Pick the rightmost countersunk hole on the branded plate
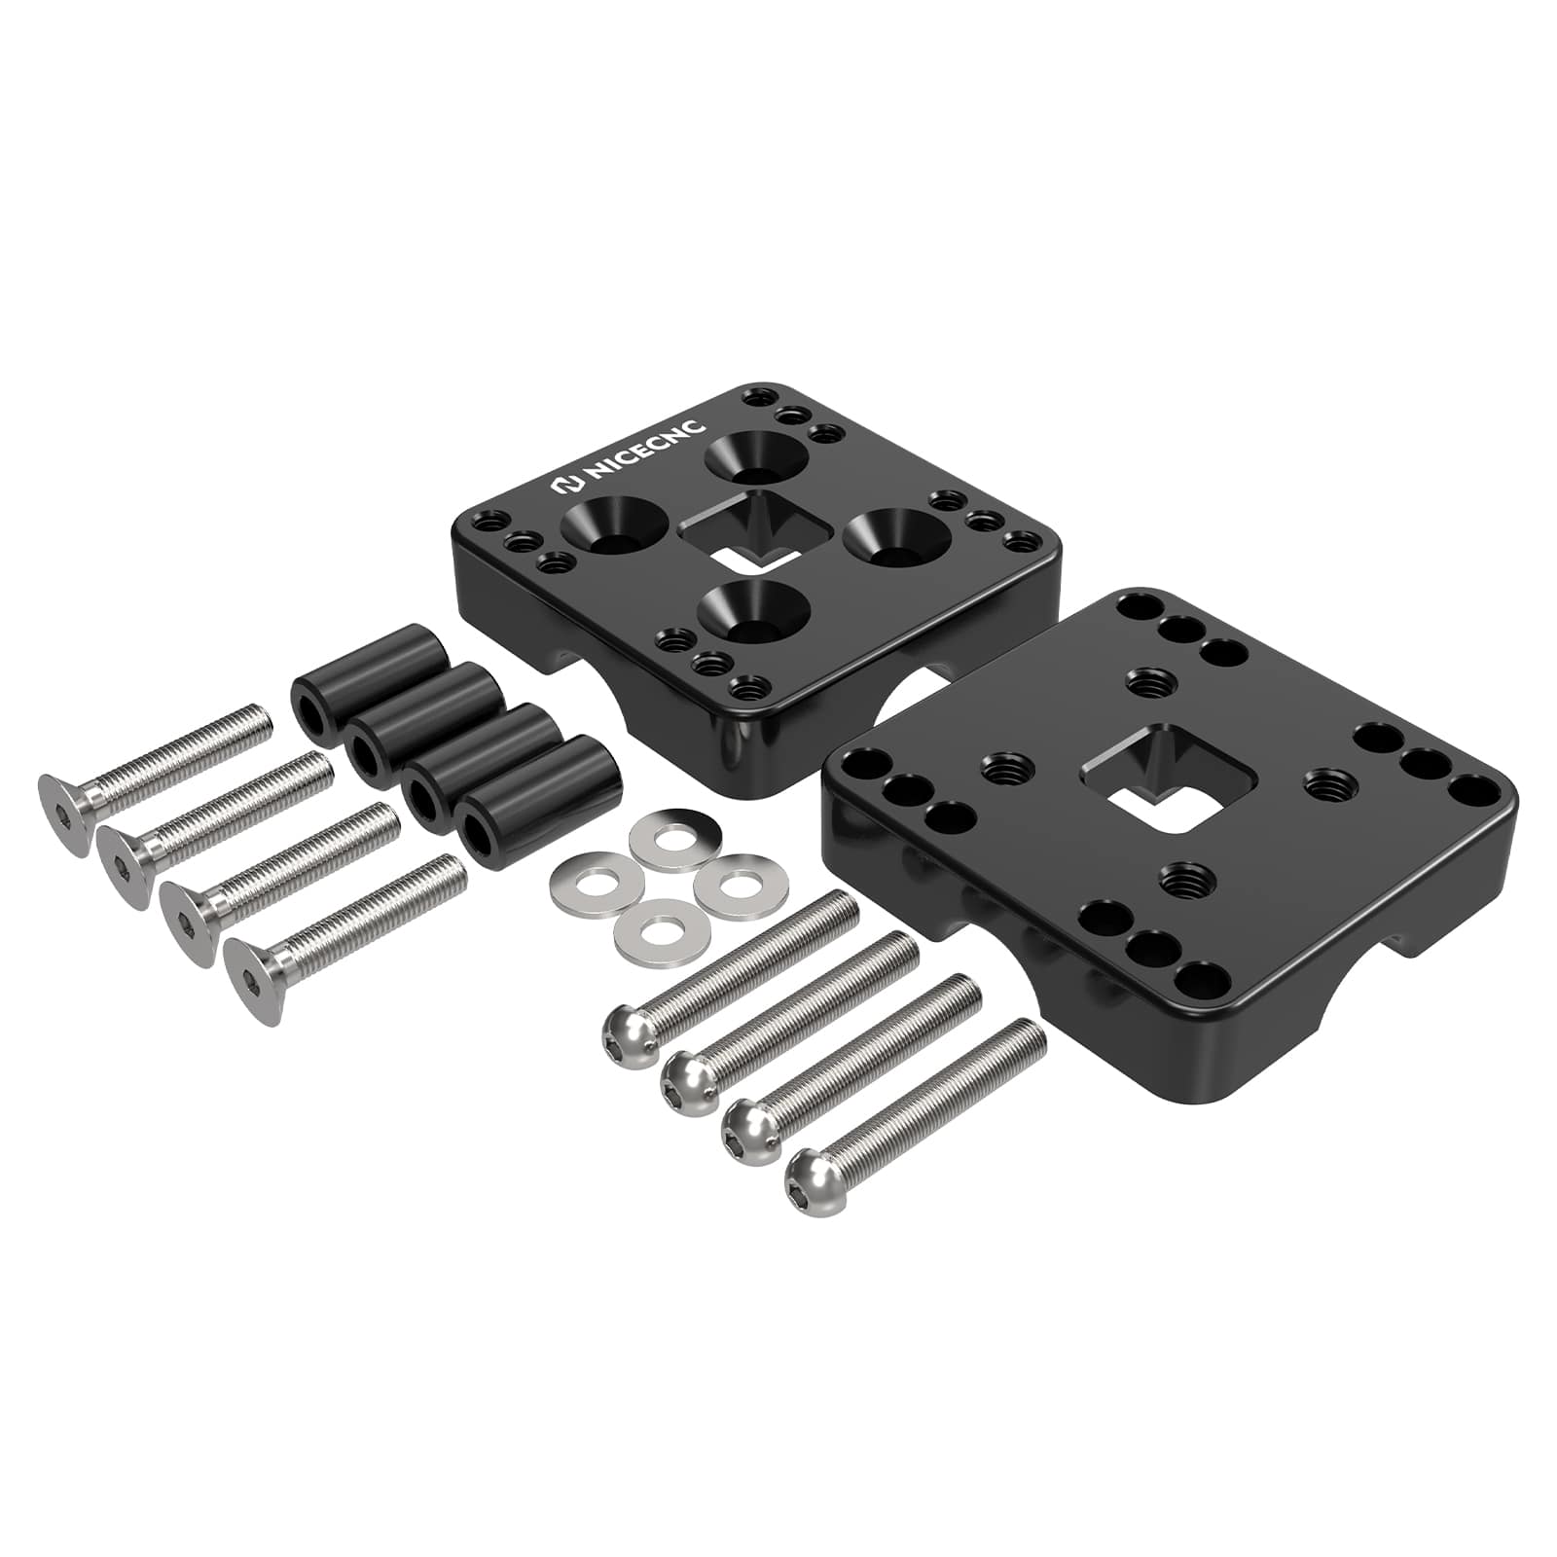[x=896, y=538]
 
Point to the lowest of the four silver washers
[x=660, y=926]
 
